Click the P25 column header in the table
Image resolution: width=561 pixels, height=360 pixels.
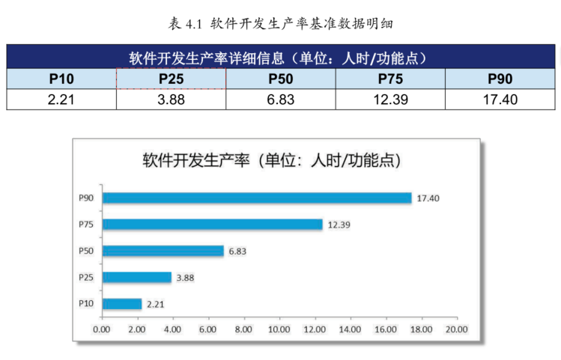point(171,79)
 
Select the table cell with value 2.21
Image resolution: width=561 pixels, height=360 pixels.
point(61,100)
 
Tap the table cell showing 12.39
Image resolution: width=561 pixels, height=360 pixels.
point(390,100)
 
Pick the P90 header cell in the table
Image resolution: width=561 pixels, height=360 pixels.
point(500,79)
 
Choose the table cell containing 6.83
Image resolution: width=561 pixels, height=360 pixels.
point(281,100)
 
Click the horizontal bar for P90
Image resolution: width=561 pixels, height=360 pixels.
point(257,198)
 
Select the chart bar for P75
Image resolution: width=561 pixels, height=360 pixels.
point(212,225)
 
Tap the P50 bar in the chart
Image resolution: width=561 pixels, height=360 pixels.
point(163,251)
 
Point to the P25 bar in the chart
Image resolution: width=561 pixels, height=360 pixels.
point(136,278)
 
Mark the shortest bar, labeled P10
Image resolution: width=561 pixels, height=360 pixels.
point(121,304)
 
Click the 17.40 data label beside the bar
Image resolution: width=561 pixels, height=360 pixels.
point(428,198)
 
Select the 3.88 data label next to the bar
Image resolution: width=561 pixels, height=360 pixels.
point(184,278)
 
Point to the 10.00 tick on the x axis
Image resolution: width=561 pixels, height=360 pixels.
point(279,329)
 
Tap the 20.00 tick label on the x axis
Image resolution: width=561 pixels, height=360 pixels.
point(456,329)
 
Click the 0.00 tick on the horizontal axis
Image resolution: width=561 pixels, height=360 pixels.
point(101,329)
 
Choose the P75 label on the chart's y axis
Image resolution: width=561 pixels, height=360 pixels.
point(86,225)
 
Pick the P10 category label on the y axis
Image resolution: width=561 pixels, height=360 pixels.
point(86,304)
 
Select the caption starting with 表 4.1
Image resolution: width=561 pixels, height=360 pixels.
point(281,24)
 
